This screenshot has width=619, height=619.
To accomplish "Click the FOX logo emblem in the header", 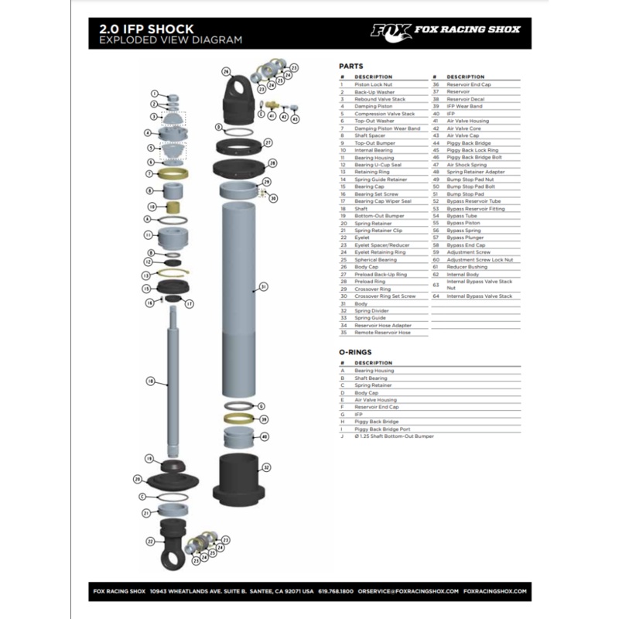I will [390, 30].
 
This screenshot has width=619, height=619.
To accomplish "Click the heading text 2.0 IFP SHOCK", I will [146, 29].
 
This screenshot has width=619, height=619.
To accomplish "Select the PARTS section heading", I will [351, 67].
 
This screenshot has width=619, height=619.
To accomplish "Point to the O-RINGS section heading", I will [355, 351].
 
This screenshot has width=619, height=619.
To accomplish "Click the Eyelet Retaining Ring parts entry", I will [380, 252].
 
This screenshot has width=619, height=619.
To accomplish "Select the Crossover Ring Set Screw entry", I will [385, 296].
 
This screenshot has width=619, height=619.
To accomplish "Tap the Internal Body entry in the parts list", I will [463, 274].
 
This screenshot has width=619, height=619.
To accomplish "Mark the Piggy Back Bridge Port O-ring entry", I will [382, 429].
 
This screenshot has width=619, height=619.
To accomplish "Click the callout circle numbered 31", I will [264, 286].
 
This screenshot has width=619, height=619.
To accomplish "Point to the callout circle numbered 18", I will [151, 381].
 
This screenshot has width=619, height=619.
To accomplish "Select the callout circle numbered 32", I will [265, 467].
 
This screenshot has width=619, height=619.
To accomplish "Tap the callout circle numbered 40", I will [264, 436].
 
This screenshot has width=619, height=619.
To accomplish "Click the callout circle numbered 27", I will [268, 142].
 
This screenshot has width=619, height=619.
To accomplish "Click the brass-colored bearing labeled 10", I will [173, 207].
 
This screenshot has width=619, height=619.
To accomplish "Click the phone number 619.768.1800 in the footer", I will [336, 591].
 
